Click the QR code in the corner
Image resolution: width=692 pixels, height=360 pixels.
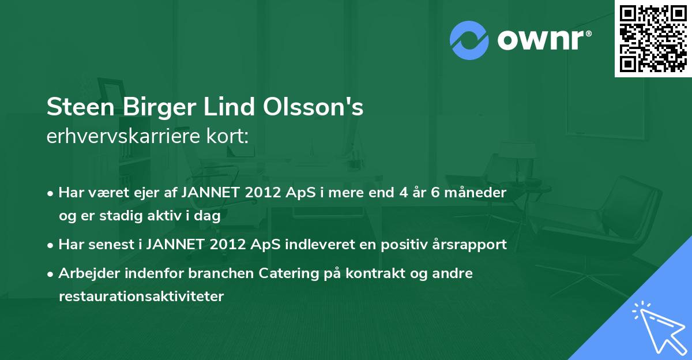(653, 39)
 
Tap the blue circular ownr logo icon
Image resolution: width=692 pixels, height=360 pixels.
(469, 40)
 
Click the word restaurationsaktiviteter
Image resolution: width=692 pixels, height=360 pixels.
(141, 297)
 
